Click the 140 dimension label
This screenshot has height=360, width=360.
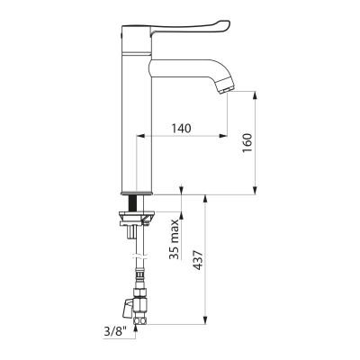tap(181, 129)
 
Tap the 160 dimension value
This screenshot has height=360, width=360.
tap(247, 142)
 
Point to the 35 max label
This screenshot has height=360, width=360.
tap(174, 239)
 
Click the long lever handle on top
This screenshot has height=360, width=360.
tap(190, 28)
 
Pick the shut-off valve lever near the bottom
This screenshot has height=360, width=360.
tap(126, 308)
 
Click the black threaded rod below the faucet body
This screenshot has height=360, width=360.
tap(131, 203)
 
